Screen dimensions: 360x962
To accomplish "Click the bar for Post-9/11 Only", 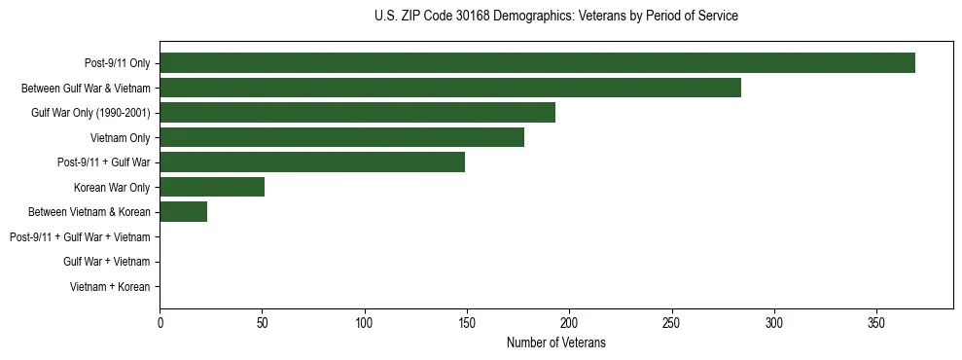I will pyautogui.click(x=537, y=63).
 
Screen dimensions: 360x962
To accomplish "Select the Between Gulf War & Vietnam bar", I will pyautogui.click(x=450, y=88).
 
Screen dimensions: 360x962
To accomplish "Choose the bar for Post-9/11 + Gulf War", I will pyautogui.click(x=312, y=162).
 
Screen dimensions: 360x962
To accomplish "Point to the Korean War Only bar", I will pyautogui.click(x=212, y=187).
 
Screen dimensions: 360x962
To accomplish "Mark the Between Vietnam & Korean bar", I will pyautogui.click(x=183, y=212).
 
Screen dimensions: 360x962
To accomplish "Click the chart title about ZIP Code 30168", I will pyautogui.click(x=555, y=17).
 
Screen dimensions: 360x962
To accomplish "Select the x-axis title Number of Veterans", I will pyautogui.click(x=555, y=342).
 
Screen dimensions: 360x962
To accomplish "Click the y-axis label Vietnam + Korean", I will pyautogui.click(x=110, y=287).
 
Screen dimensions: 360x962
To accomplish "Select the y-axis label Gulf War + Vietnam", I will pyautogui.click(x=106, y=262).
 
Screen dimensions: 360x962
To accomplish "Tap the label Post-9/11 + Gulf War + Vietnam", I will pyautogui.click(x=80, y=237).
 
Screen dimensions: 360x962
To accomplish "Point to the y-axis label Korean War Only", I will pyautogui.click(x=112, y=188).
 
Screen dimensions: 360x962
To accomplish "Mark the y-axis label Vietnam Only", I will pyautogui.click(x=120, y=138).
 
